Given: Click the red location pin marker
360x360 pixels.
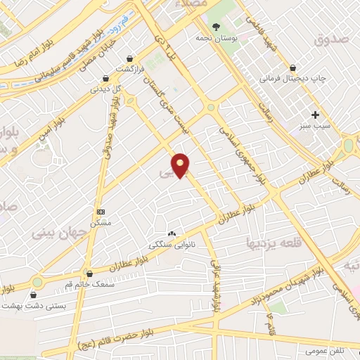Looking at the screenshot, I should click(181, 165).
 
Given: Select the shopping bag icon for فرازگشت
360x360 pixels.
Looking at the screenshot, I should click(129, 58).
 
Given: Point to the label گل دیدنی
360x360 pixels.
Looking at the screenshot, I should click(105, 89).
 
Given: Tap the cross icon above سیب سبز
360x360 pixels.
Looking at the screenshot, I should click(315, 114).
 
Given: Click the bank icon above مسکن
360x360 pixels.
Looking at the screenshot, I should click(101, 211).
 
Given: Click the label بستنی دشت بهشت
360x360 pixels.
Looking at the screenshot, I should click(56, 305).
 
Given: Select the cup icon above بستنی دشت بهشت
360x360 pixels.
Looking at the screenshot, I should click(31, 295).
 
